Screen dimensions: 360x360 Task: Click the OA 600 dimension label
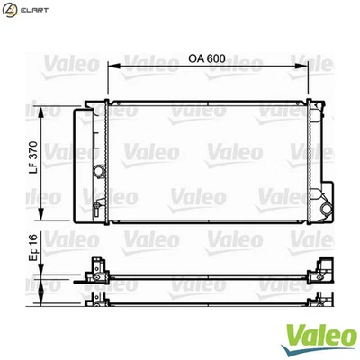coord(206,58)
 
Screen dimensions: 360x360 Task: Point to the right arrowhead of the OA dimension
coord(309,66)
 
